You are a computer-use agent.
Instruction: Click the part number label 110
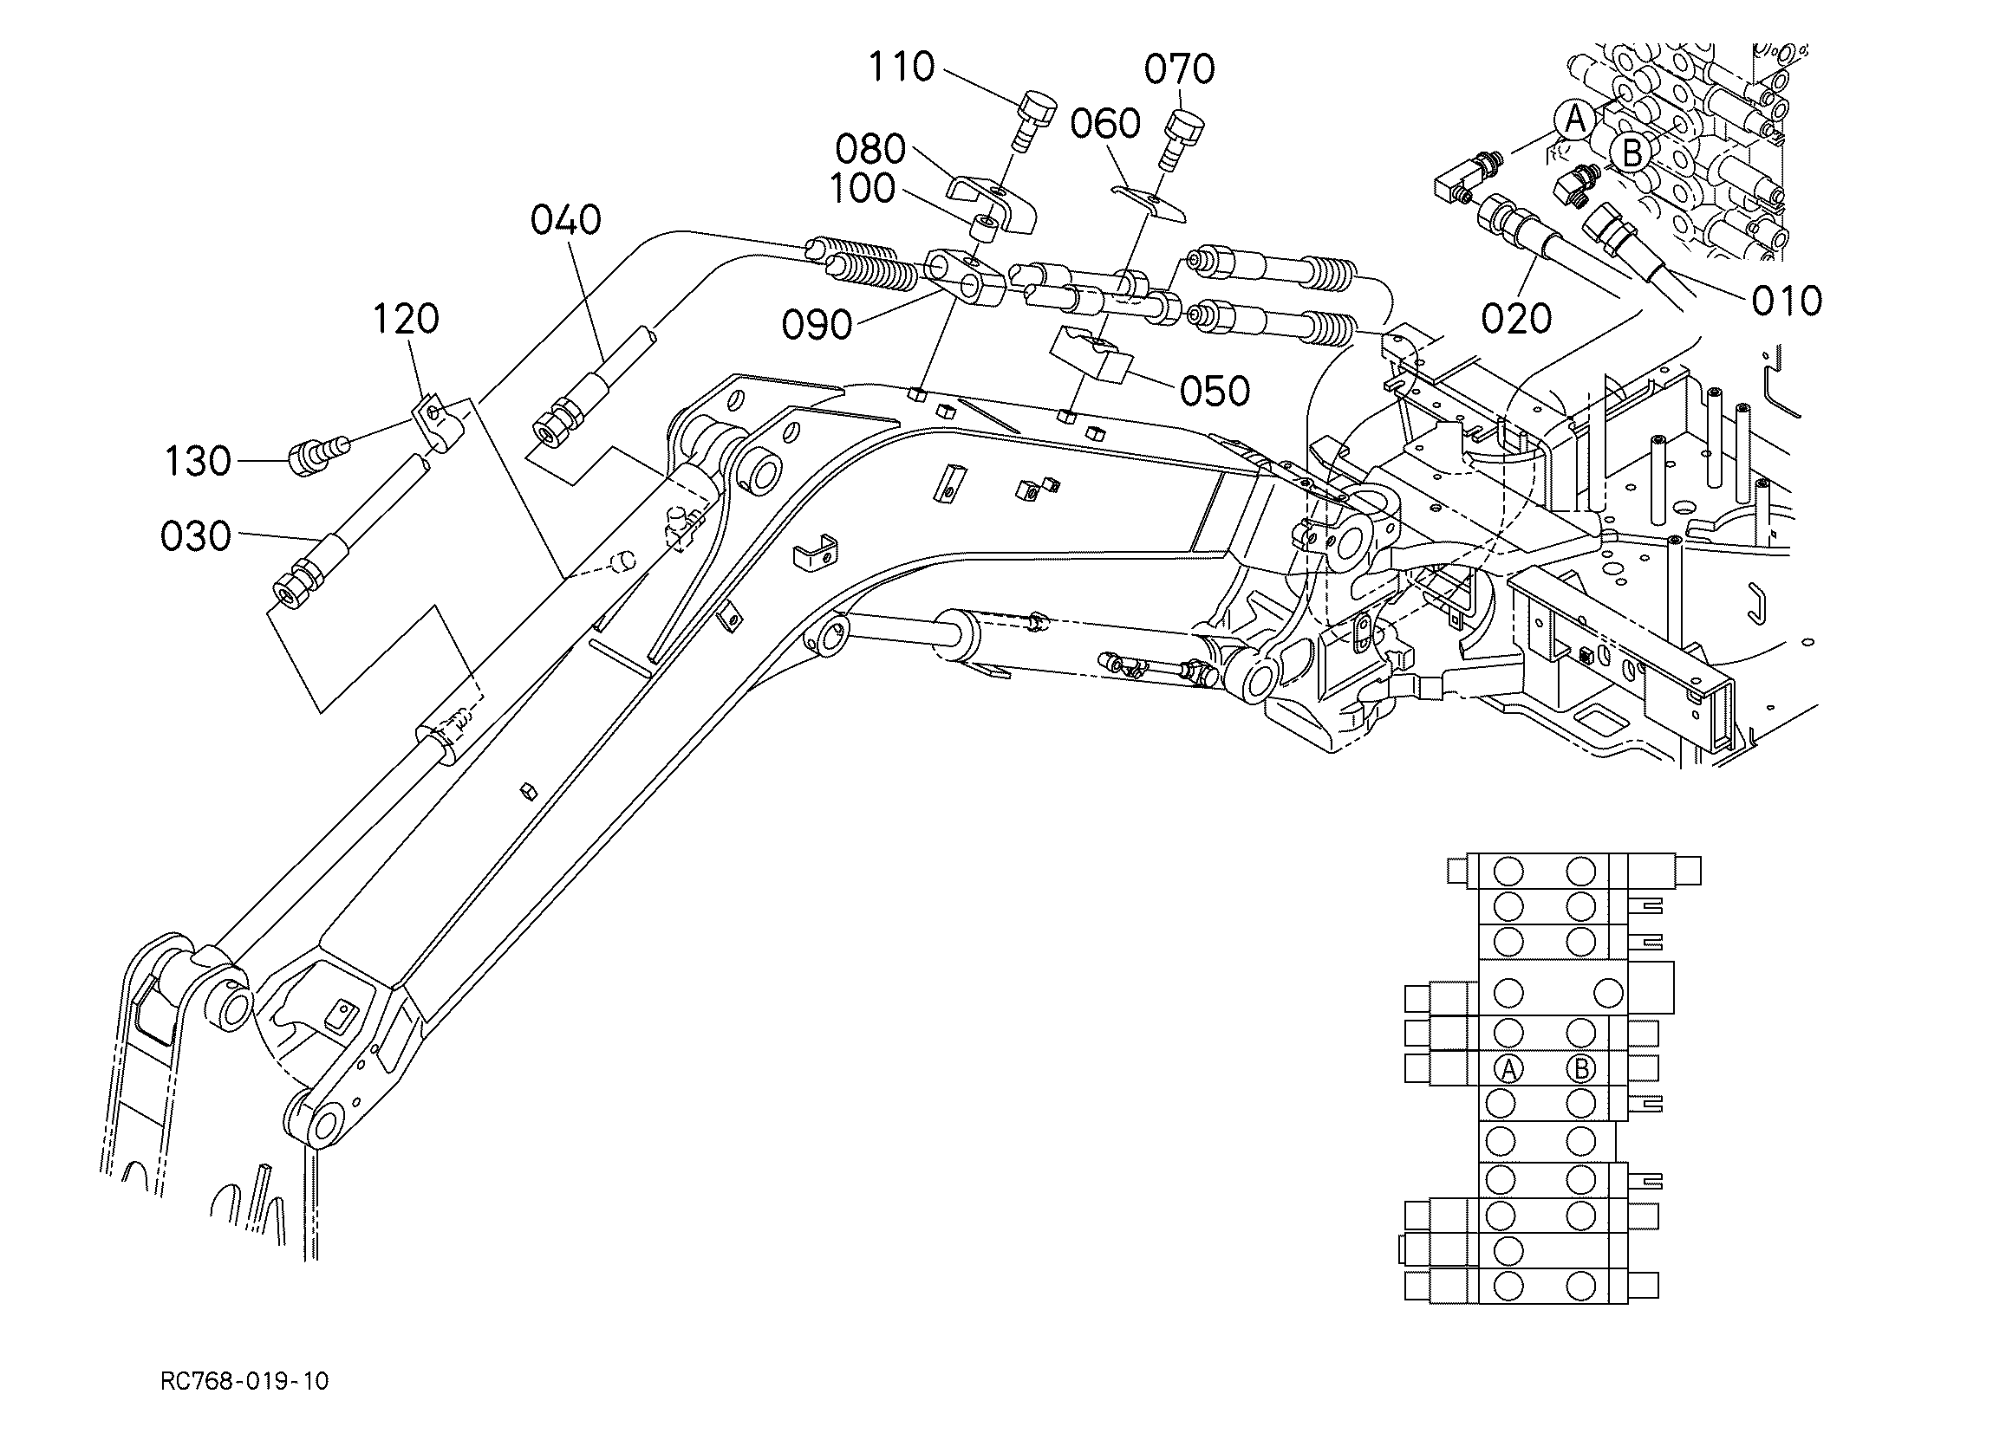tap(901, 67)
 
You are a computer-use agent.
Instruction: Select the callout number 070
tap(1179, 68)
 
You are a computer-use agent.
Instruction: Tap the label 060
tap(1104, 124)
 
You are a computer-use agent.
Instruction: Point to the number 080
tap(870, 149)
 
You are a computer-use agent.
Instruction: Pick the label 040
tap(565, 219)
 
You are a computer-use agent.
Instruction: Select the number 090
tap(817, 325)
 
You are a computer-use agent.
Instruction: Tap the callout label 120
tap(405, 319)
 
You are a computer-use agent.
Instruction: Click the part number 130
tap(198, 461)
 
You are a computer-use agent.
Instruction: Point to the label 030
tap(195, 536)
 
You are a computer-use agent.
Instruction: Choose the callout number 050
tap(1215, 392)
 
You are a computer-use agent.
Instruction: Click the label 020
tap(1516, 319)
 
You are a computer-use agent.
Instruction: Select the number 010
tap(1787, 302)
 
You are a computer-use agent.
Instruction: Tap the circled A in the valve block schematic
tap(1508, 1069)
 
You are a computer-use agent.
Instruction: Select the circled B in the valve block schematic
tap(1581, 1069)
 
